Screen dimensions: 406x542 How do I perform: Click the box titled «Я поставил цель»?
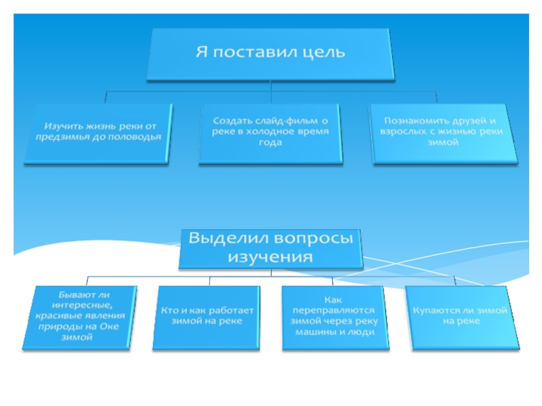(x=270, y=53)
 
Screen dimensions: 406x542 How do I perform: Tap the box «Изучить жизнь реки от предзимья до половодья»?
(x=99, y=133)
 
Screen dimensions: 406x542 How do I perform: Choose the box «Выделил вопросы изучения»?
(x=270, y=248)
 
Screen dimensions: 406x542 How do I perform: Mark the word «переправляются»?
(x=332, y=310)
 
